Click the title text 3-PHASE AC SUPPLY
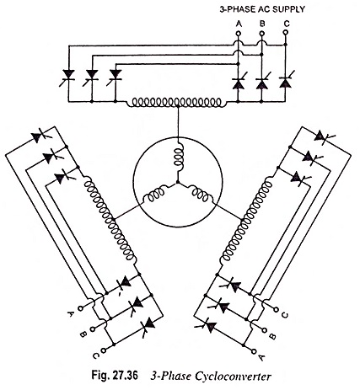pos(262,9)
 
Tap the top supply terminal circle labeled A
pos(239,34)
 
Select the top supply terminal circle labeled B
pos(262,34)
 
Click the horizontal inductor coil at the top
pos(176,102)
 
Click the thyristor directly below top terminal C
pos(286,82)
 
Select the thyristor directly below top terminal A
pos(239,82)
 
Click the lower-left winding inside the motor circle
pos(154,195)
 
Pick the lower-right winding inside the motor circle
pos(201,195)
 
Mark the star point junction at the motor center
pos(178,183)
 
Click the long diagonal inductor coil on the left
pos(110,220)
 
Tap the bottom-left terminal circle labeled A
pos(81,308)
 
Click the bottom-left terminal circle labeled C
pos(105,350)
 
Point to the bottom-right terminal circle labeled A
pos(254,350)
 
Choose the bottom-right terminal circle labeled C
pos(276,310)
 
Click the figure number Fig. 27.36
pos(115,377)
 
